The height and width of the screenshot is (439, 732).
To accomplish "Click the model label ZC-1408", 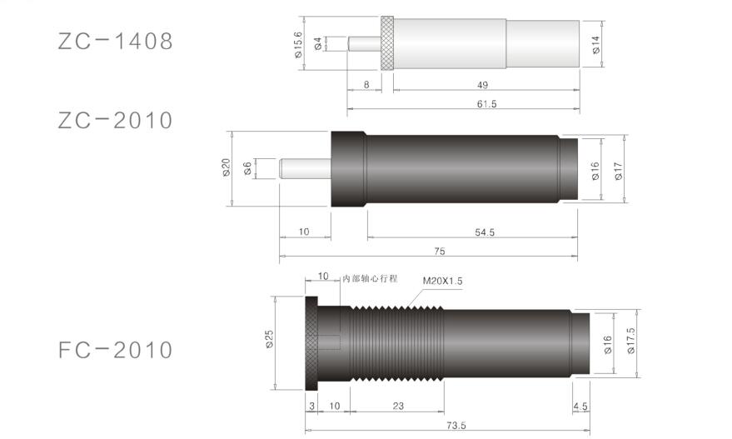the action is point(115,41).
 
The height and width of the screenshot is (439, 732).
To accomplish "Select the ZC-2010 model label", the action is point(115,121).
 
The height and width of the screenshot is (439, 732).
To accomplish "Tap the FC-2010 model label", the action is point(115,350).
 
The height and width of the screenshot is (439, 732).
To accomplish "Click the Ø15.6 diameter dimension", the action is point(298,45).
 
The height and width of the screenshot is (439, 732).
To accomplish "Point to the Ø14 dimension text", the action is point(596,45).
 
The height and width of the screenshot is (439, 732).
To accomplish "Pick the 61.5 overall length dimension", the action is point(486,103).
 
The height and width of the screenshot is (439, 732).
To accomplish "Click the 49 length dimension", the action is point(483,85).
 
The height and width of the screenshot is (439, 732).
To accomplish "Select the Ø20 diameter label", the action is point(227,167).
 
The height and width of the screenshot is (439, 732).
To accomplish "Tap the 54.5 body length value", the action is point(485,232).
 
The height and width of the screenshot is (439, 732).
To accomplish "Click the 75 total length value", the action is point(440,252).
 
